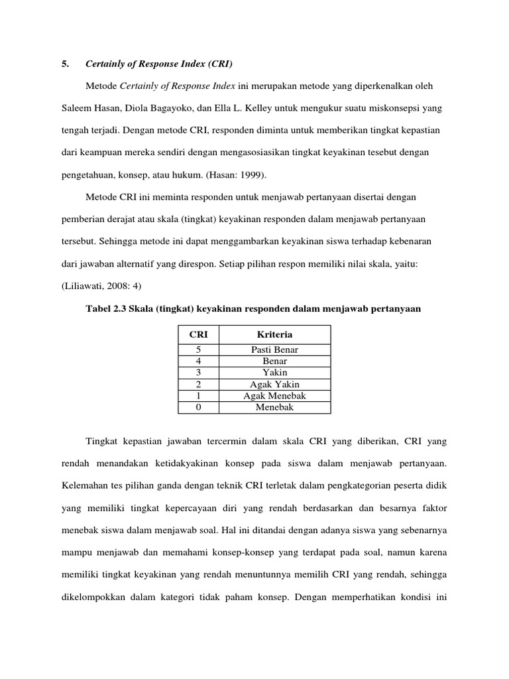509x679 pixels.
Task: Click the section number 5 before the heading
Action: click(x=64, y=64)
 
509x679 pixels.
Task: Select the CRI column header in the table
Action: click(x=199, y=335)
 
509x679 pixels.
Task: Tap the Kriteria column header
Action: click(x=274, y=335)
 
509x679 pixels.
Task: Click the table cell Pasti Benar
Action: click(x=274, y=350)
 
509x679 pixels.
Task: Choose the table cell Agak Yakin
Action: click(x=274, y=385)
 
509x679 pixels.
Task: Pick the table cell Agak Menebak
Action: click(x=274, y=396)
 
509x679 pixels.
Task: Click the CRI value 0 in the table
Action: click(x=199, y=407)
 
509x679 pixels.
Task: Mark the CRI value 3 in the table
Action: click(x=199, y=373)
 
